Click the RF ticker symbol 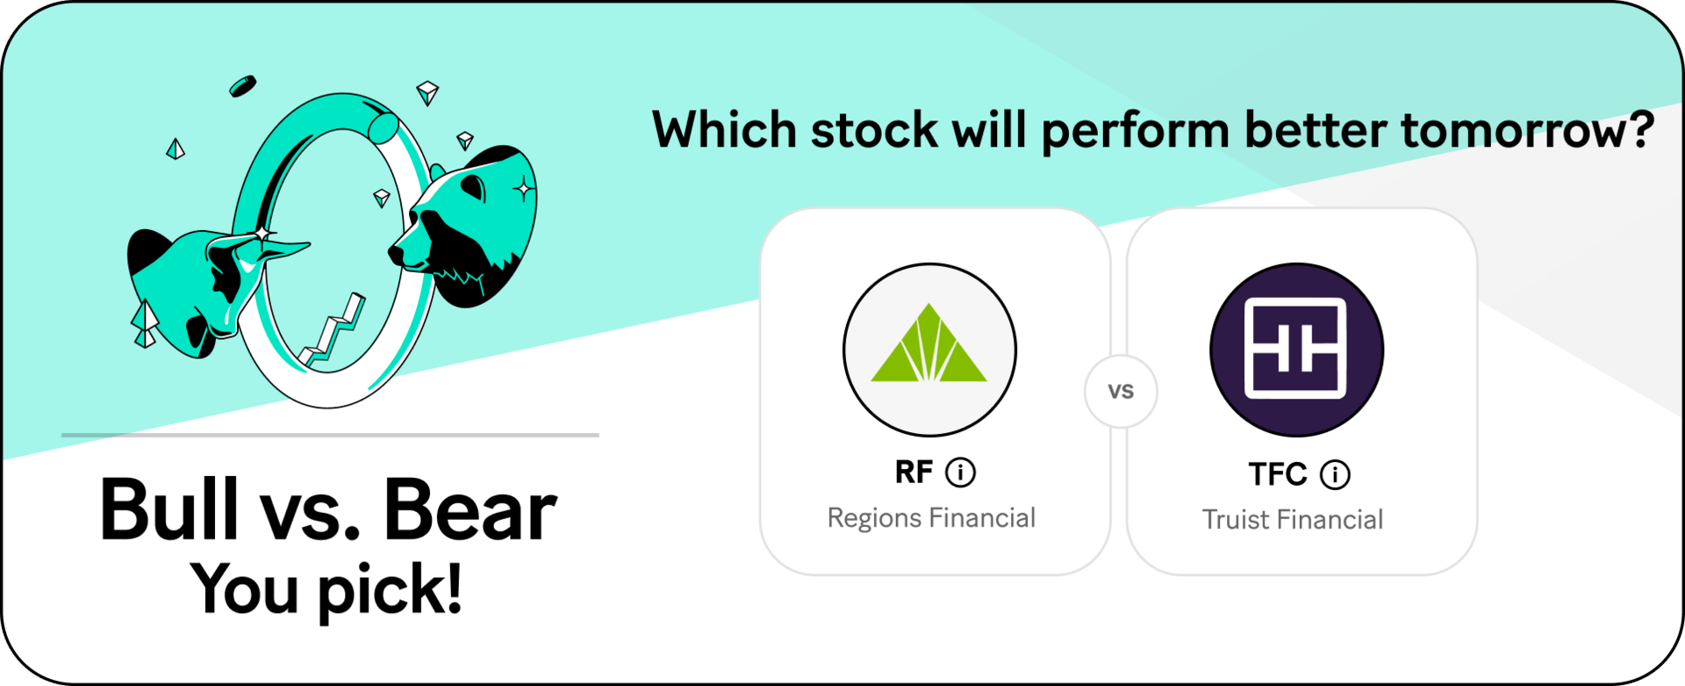[x=914, y=473]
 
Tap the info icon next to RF [x=960, y=473]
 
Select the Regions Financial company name [x=931, y=518]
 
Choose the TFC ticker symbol [x=1278, y=474]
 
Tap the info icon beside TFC [x=1335, y=474]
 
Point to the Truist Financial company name [x=1293, y=520]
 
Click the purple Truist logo [x=1296, y=350]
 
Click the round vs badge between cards [x=1121, y=392]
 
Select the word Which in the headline [x=724, y=130]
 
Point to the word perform [x=1136, y=132]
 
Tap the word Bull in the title [x=168, y=509]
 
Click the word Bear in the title [x=470, y=509]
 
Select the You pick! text [x=326, y=589]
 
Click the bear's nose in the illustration [x=396, y=254]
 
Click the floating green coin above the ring [x=243, y=86]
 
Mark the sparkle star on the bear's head [x=524, y=188]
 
